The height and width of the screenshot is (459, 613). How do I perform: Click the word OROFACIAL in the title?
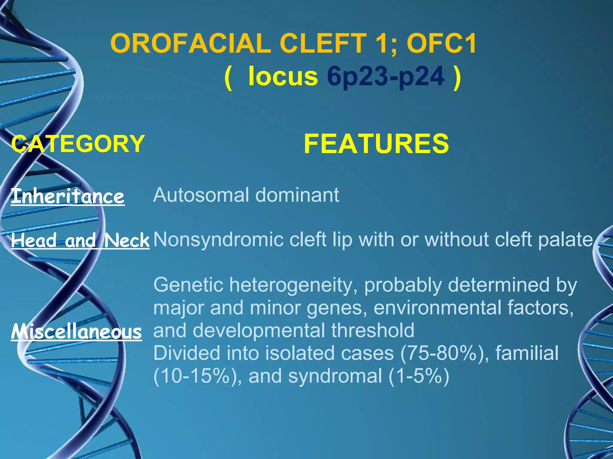click(x=190, y=43)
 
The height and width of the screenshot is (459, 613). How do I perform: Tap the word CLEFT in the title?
click(x=323, y=43)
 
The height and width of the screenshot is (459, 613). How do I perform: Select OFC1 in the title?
click(x=441, y=43)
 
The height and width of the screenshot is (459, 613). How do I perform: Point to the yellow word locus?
click(x=283, y=76)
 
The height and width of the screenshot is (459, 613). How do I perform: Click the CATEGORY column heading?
click(x=78, y=143)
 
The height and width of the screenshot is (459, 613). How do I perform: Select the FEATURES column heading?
click(x=376, y=144)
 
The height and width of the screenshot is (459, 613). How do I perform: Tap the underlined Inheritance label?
click(x=68, y=196)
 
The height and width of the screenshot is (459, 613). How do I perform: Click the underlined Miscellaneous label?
click(x=76, y=332)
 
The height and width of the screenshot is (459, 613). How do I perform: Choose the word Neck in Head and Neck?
click(x=127, y=240)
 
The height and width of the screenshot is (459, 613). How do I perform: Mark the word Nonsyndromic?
click(x=219, y=240)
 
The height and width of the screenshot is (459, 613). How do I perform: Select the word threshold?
click(x=373, y=331)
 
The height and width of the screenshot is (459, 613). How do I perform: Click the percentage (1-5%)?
click(x=419, y=376)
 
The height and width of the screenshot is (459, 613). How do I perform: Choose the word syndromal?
click(x=335, y=376)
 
